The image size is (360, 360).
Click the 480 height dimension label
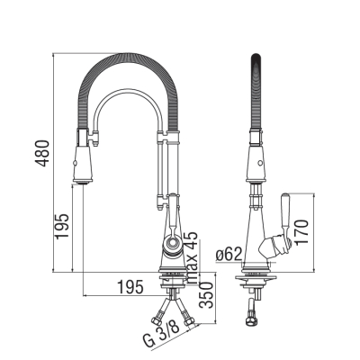42,153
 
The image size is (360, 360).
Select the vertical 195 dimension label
62,226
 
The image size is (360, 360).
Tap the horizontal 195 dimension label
130,288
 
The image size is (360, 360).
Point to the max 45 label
192,257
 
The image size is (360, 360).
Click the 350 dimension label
207,295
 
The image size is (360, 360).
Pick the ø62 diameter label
229,255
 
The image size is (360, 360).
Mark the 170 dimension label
301,232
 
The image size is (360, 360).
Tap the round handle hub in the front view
173,243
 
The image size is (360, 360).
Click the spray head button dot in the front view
74,164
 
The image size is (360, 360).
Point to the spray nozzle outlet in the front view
82,182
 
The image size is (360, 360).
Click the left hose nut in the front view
157,321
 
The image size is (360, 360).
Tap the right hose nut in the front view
188,322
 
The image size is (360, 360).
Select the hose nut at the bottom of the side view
252,320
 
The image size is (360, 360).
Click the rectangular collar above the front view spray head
83,137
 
